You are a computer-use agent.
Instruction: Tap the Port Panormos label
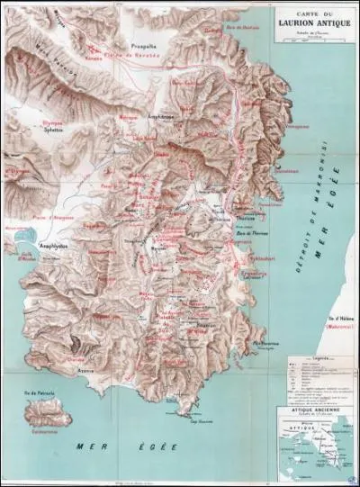[x=268, y=343]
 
